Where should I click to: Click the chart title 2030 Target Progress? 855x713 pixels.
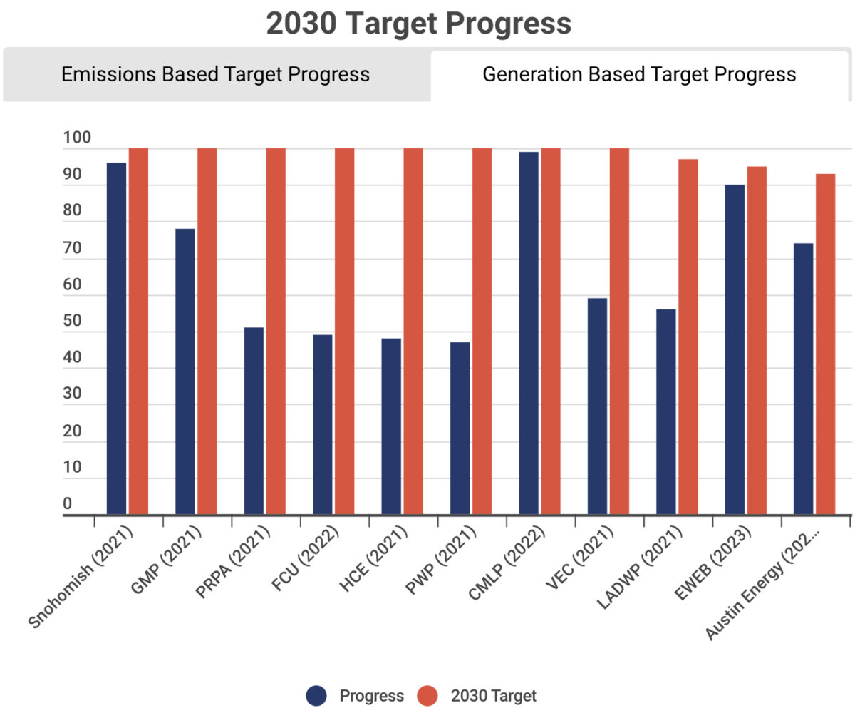coord(419,24)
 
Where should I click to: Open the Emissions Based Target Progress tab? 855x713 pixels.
coord(215,74)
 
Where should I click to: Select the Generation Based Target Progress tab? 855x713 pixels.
coord(639,74)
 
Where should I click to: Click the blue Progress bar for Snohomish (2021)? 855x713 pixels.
coord(116,339)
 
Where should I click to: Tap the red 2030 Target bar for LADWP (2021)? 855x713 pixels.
coord(688,337)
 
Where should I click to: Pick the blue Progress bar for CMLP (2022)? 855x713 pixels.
coord(529,333)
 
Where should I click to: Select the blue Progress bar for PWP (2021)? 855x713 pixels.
coord(460,428)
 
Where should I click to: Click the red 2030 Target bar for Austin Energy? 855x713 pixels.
coord(825,344)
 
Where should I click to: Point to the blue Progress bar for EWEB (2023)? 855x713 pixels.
coord(735,349)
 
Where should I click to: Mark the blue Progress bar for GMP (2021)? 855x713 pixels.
coord(185,371)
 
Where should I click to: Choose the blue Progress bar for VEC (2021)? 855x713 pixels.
coord(597,406)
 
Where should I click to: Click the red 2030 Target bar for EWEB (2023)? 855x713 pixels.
coord(757,340)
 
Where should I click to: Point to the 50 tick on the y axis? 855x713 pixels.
coord(73,321)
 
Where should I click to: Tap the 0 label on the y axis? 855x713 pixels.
coord(68,504)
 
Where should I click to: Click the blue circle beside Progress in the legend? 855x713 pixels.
coord(316,696)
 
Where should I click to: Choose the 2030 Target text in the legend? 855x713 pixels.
coord(493,696)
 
